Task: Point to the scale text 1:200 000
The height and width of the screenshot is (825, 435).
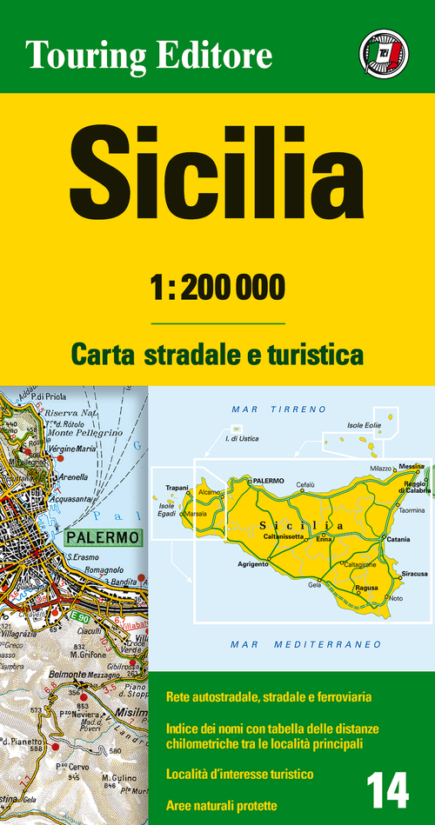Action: pyautogui.click(x=217, y=289)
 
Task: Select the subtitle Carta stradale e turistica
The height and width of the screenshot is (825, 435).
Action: pyautogui.click(x=217, y=355)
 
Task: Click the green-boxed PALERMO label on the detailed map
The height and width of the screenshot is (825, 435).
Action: pyautogui.click(x=103, y=538)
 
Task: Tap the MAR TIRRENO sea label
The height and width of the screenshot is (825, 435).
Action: pyautogui.click(x=278, y=408)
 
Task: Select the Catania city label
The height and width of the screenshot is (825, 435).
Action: pyautogui.click(x=398, y=540)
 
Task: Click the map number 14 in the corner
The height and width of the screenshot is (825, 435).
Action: pyautogui.click(x=387, y=792)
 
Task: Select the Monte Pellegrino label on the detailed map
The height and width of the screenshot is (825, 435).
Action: pyautogui.click(x=84, y=432)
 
